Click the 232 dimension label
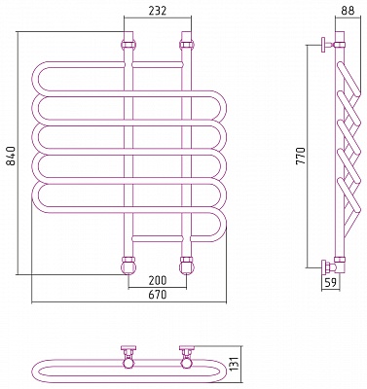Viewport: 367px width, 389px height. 158,11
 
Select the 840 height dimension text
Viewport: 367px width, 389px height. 11,157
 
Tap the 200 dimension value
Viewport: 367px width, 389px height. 158,280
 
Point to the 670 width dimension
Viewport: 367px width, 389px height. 158,295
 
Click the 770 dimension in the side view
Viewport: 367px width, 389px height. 301,157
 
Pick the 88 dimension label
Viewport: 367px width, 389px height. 348,11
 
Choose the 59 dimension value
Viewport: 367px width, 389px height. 330,283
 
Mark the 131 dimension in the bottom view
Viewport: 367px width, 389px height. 237,365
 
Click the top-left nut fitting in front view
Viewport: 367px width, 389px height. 128,44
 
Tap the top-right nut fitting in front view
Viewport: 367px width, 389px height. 186,44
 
